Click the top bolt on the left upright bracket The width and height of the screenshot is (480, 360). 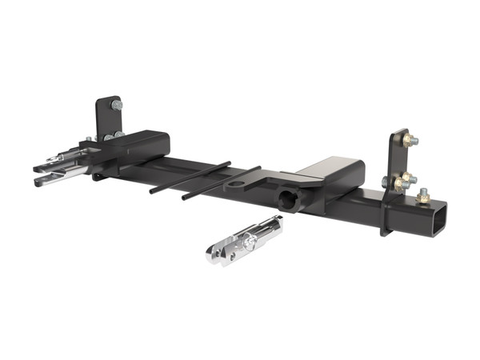click(117, 105)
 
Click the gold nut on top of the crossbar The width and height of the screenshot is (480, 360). click(422, 194)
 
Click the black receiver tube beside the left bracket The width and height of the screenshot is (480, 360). click(144, 144)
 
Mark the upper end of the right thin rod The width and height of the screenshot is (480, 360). click(258, 169)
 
